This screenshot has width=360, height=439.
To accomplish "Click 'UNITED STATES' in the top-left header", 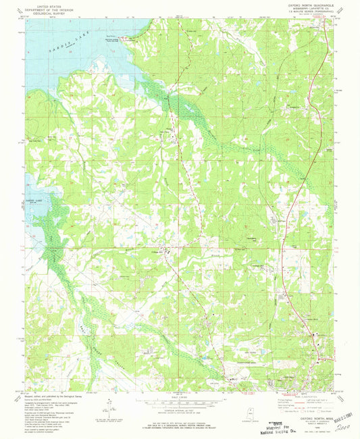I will pyautogui.click(x=45, y=5).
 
